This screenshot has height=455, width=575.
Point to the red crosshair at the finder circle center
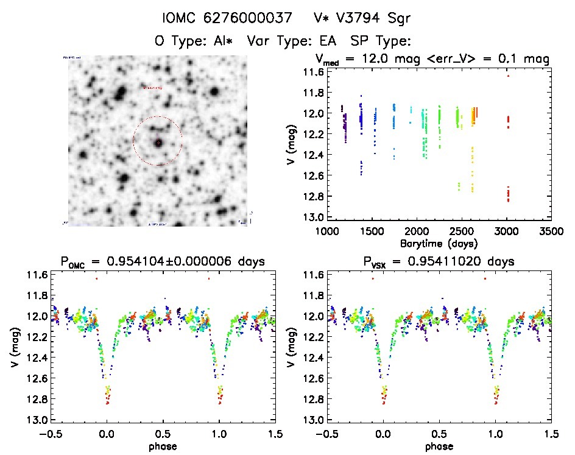[158, 142]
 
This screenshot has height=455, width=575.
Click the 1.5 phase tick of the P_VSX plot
[551, 434]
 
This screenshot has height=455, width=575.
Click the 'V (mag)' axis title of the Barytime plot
[290, 144]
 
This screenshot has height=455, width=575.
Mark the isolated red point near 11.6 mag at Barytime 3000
[508, 76]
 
